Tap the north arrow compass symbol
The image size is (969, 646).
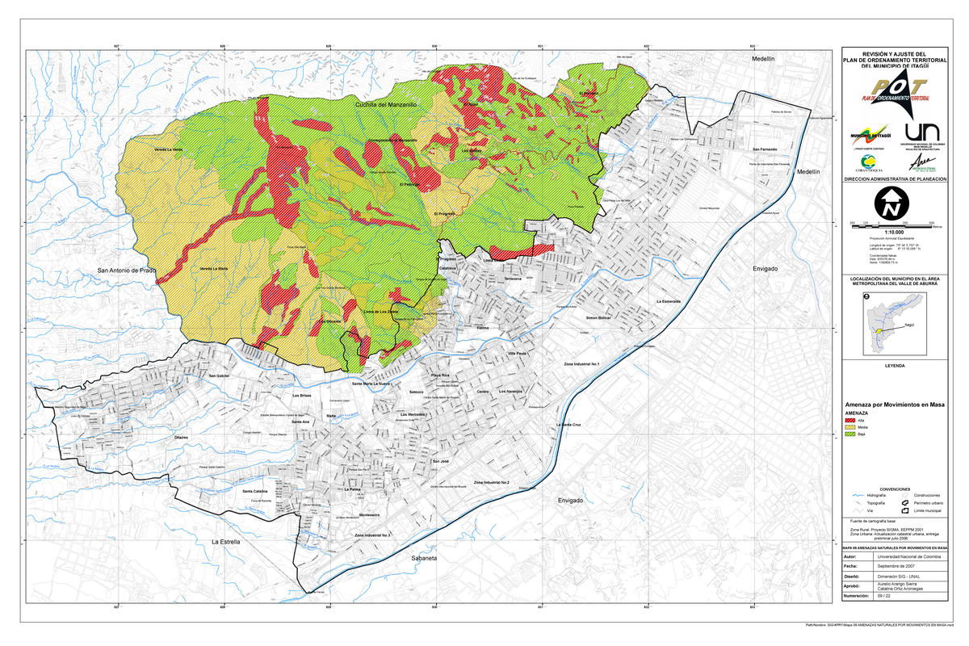[x=891, y=203]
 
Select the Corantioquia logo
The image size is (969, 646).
[x=865, y=161]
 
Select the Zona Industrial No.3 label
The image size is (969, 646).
[x=372, y=535]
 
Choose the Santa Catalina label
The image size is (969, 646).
[x=255, y=491]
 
